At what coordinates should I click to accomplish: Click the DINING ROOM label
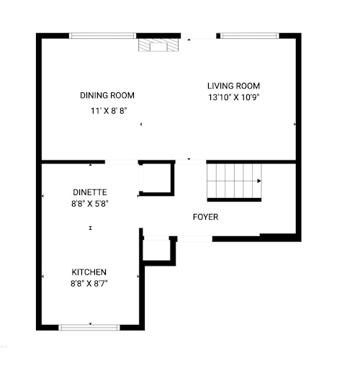coord(107,95)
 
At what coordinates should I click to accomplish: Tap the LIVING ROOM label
coord(233,86)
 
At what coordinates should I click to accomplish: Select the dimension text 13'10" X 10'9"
coord(234,97)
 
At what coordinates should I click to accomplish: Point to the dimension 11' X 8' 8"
coord(109,111)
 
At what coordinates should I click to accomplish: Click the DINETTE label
coord(90,192)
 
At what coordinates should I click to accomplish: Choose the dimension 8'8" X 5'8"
coord(90,204)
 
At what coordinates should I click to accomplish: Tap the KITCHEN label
coord(89,272)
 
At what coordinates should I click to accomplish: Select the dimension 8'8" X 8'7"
coord(89,284)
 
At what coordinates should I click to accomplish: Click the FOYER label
coord(206,217)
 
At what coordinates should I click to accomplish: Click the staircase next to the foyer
coord(234,181)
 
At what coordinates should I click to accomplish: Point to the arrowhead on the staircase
coord(259,181)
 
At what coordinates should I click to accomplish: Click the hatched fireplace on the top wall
coord(158,45)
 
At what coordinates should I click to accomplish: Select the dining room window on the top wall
coord(103,36)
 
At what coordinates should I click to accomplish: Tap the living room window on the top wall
coord(250,36)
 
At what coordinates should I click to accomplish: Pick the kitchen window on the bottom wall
coord(89,328)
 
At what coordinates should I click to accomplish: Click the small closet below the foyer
coord(157,250)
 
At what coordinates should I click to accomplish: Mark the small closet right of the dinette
coord(156,178)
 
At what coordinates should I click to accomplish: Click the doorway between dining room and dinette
coord(122,162)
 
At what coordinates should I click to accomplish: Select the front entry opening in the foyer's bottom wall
coord(194,239)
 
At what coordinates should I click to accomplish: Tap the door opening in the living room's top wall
coord(199,36)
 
